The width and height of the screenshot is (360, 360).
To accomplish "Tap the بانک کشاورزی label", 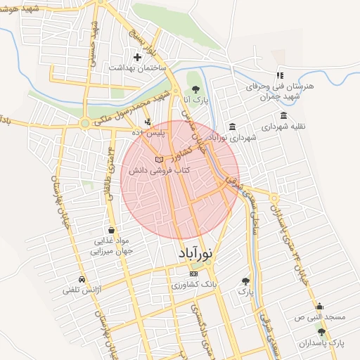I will pos(195,286).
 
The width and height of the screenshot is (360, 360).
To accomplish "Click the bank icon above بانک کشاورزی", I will pos(194,274).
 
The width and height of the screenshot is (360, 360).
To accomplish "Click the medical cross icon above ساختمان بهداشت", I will pos(137,56).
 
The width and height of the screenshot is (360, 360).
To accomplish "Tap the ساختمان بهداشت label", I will pos(137,67).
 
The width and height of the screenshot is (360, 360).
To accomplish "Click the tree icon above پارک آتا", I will pos(195,89).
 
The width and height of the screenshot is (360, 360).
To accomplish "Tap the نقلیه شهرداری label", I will pos(285,127).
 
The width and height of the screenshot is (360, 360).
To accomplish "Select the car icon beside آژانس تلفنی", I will pos(82,278).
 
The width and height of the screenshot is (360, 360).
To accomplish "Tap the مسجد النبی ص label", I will pos(320,317).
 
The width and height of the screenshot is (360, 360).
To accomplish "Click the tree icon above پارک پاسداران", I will pos(321,332).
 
